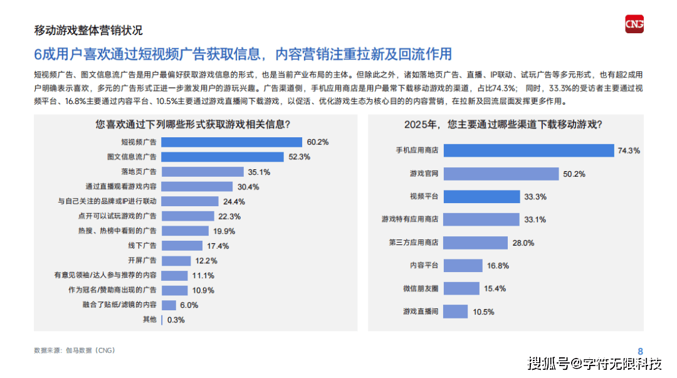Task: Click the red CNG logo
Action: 634,24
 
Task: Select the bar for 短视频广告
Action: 231,142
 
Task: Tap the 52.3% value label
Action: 300,157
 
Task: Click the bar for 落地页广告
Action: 202,172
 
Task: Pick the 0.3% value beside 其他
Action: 176,320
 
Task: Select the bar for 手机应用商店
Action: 528,151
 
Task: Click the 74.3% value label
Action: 629,151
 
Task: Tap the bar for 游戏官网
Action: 501,174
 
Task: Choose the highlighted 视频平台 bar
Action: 481,197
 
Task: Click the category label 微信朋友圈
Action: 420,288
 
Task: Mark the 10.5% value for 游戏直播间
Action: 483,312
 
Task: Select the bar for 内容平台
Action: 463,266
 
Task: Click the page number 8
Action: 640,351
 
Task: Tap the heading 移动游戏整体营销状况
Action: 88,30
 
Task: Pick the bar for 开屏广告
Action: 176,261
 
